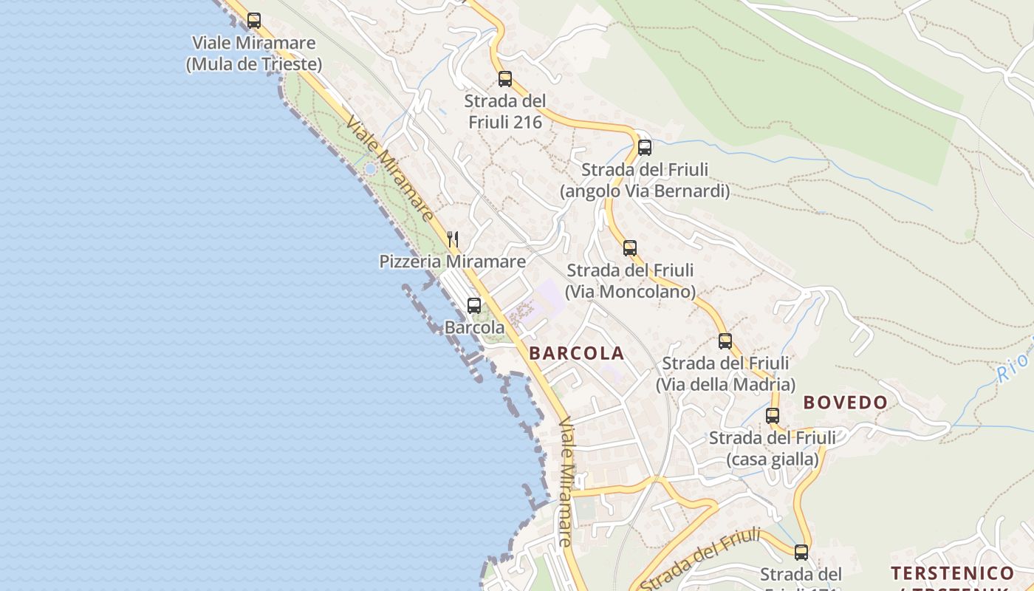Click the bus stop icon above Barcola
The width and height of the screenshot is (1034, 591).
pos(474,305)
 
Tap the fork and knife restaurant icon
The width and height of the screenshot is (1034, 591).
pos(453,239)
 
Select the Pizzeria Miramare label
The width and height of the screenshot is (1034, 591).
pos(453,262)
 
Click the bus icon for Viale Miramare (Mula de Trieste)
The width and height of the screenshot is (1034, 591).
pos(254,21)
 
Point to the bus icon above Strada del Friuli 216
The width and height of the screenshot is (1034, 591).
pos(505,78)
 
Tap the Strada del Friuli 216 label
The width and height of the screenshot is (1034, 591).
pos(505,112)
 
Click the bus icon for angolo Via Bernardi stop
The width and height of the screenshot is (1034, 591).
pos(645,147)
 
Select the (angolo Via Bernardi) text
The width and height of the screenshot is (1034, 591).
pos(645,191)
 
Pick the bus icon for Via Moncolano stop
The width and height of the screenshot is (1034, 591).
pos(630,247)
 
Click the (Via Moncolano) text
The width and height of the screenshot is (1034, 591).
pos(630,292)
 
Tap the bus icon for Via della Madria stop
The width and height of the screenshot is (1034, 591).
pos(725,341)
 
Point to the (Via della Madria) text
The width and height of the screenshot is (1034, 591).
pos(725,385)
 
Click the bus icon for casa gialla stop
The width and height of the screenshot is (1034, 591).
pos(773,415)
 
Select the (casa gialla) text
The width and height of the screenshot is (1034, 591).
pos(773,460)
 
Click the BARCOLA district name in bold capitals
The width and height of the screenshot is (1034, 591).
pos(577,353)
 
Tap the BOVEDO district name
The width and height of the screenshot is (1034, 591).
pos(845,403)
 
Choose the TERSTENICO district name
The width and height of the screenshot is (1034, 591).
pos(952,573)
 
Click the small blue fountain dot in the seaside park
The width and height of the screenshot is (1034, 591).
pos(370,169)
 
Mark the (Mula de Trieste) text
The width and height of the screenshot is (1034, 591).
pos(254,64)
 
